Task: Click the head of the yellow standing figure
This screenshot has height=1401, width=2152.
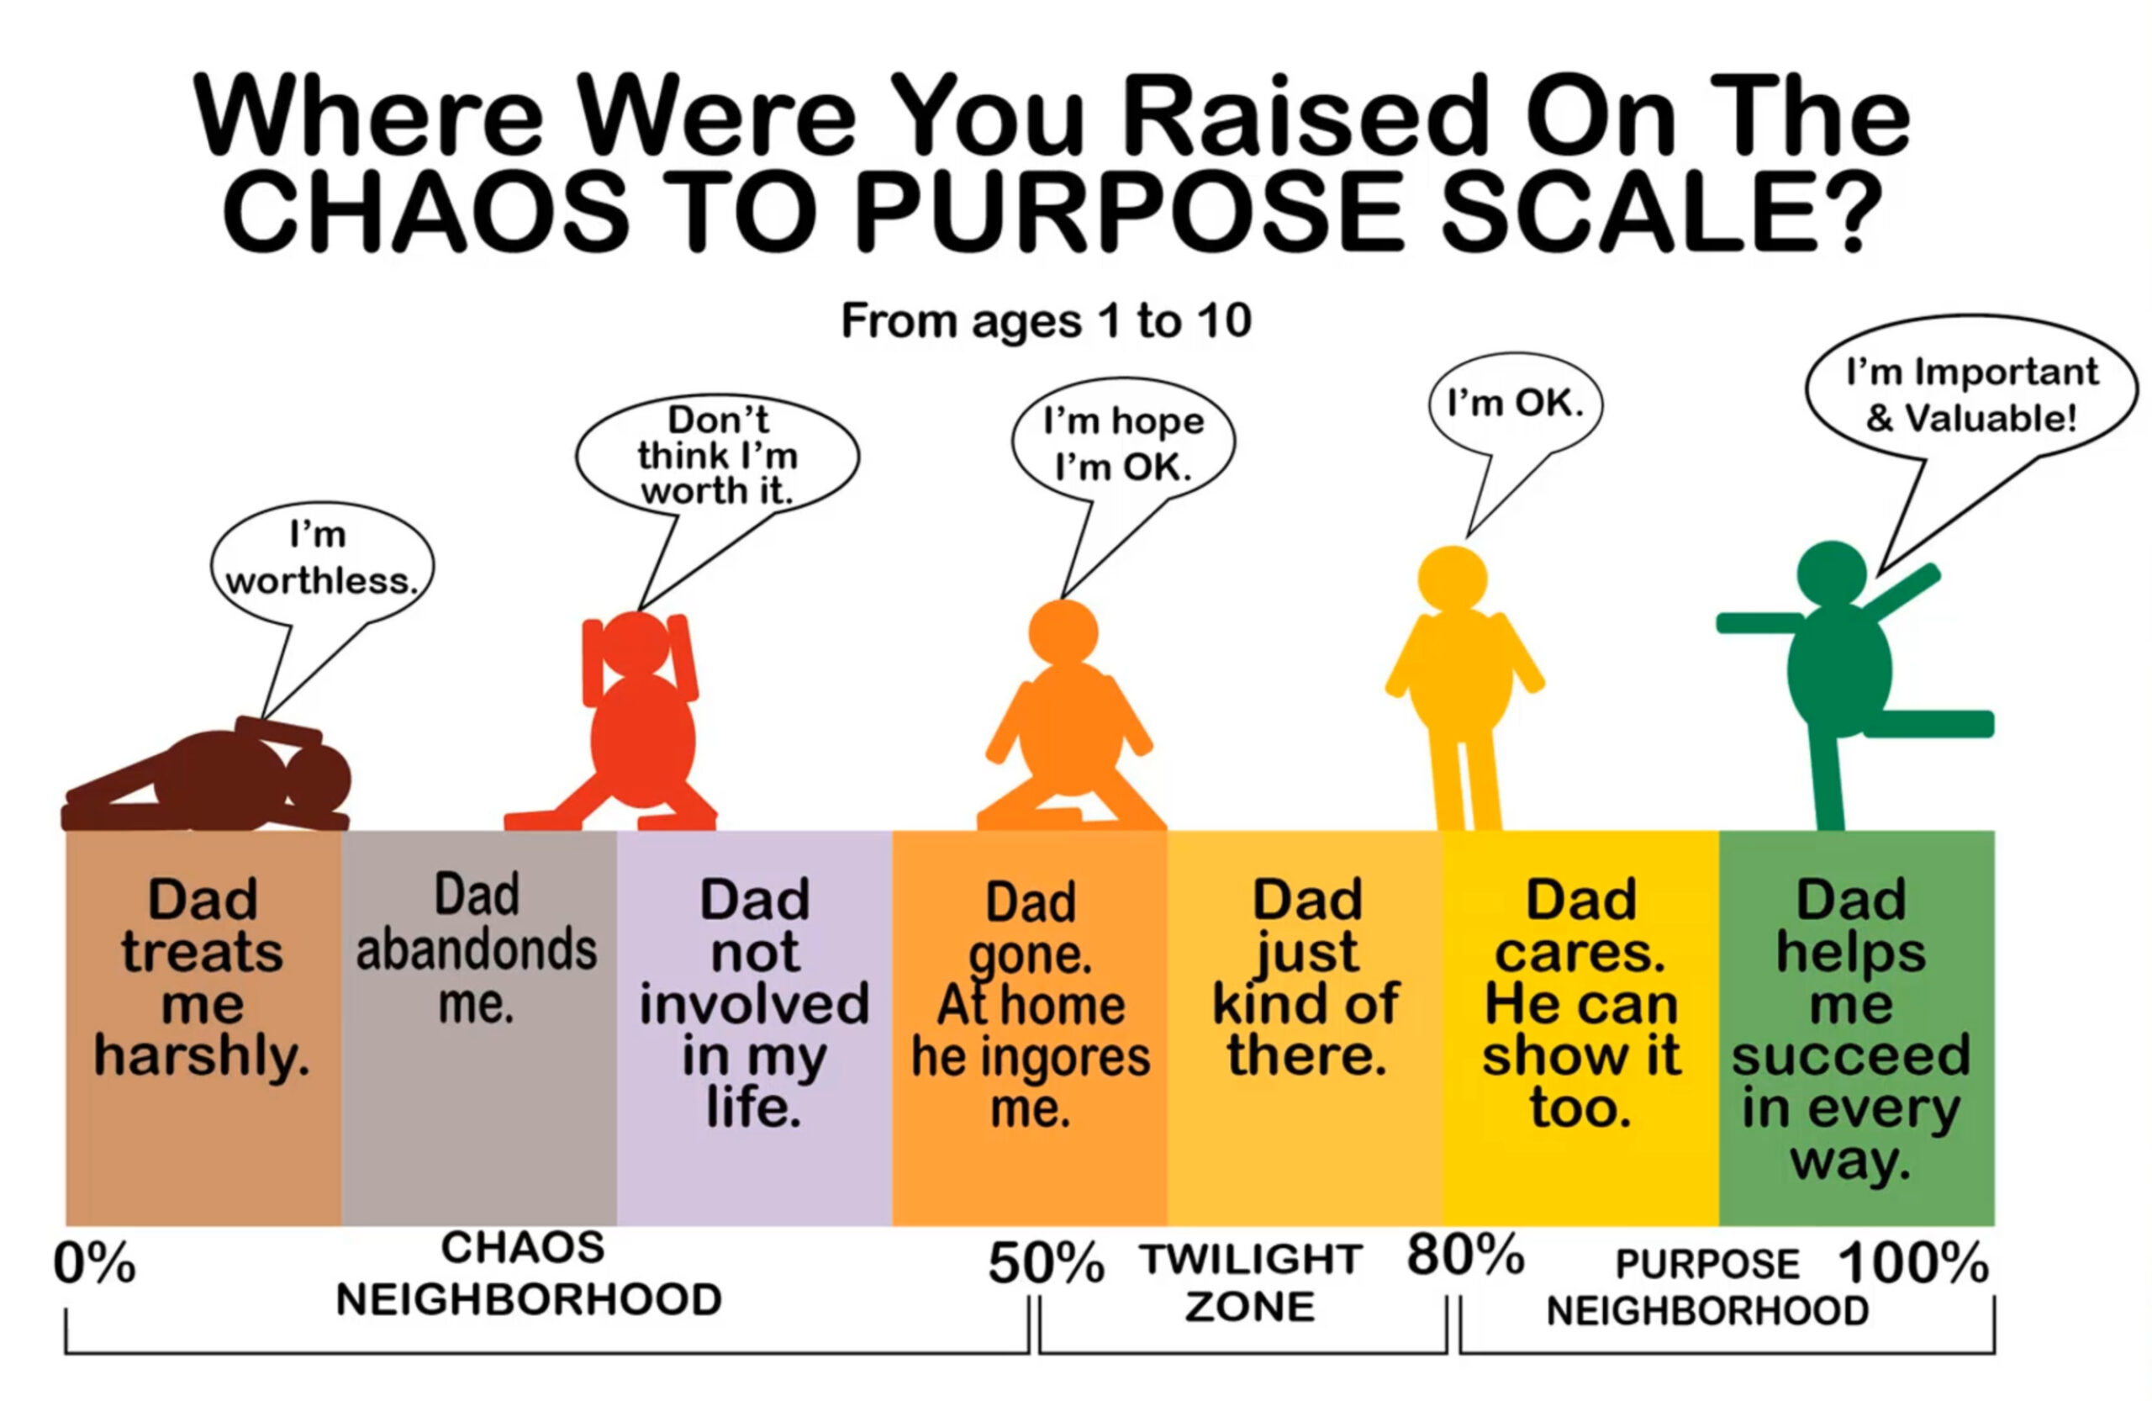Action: (x=1452, y=579)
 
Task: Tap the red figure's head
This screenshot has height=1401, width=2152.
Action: (x=636, y=643)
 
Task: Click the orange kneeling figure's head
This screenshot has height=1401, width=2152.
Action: (x=1063, y=632)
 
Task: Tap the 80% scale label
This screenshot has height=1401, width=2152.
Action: (x=1466, y=1255)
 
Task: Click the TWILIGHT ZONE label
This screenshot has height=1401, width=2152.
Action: (x=1252, y=1282)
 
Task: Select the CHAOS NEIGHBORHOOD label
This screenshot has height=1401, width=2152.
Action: (x=528, y=1273)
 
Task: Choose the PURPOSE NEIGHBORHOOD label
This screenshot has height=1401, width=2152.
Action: (x=1707, y=1287)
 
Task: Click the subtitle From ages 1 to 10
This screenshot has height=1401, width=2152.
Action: (x=1047, y=320)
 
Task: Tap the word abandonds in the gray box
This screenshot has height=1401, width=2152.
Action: (x=477, y=949)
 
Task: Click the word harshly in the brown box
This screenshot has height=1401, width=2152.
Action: (x=203, y=1056)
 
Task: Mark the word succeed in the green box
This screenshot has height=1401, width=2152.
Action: (x=1851, y=1055)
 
